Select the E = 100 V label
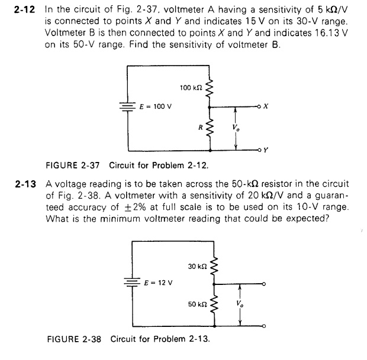pyautogui.click(x=156, y=107)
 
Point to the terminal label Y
pyautogui.click(x=266, y=150)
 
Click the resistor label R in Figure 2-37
pyautogui.click(x=201, y=126)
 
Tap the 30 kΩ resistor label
pyautogui.click(x=196, y=267)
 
